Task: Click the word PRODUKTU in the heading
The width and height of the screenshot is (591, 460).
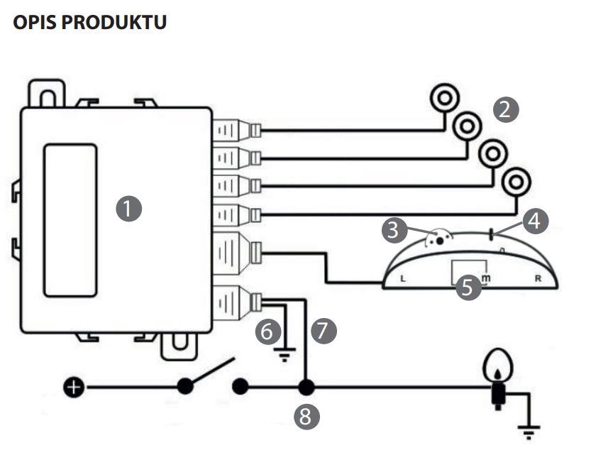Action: [114, 22]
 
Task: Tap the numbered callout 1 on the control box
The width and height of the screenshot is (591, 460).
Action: [129, 209]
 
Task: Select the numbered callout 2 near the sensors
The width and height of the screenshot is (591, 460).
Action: [506, 110]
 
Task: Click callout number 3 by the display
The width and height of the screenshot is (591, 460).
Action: [394, 229]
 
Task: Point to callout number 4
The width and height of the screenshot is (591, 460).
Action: [535, 221]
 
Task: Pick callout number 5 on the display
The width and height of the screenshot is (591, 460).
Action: [468, 287]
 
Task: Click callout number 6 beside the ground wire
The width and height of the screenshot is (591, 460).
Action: [268, 331]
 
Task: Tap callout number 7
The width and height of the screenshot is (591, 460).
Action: [324, 331]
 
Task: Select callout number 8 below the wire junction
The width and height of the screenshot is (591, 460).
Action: [306, 417]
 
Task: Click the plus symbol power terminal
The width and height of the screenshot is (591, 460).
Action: [74, 387]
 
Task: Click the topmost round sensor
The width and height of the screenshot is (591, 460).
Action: [445, 98]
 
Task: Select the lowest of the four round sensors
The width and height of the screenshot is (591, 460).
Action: [517, 182]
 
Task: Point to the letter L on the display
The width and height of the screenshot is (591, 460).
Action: [403, 279]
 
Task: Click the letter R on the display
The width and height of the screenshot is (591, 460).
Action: [538, 279]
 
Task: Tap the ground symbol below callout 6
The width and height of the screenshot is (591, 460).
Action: [285, 355]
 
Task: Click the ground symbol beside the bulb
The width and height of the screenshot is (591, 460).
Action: [529, 432]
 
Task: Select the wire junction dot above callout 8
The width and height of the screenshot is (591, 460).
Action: [306, 387]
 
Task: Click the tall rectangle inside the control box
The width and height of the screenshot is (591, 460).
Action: [70, 220]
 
